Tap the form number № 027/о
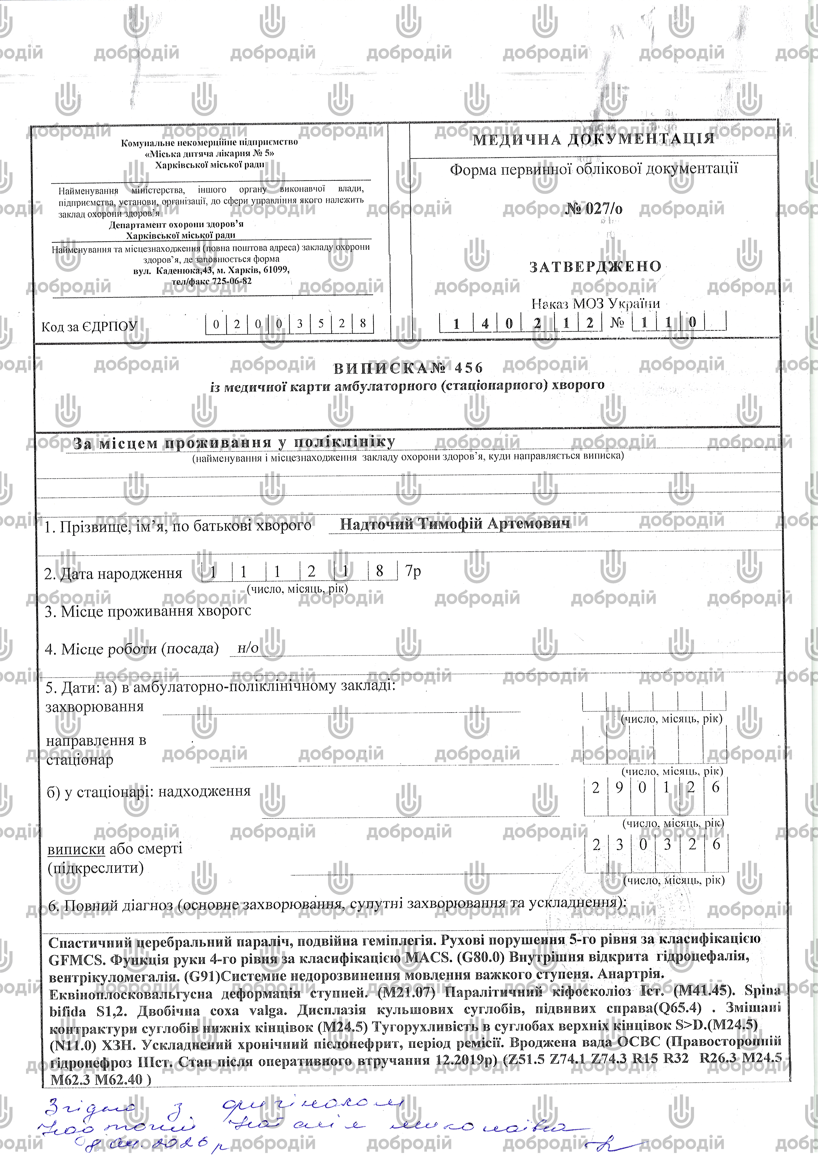point(594,209)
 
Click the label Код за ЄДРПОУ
point(89,326)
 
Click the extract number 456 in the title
point(469,368)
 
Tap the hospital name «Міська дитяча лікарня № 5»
point(210,153)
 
